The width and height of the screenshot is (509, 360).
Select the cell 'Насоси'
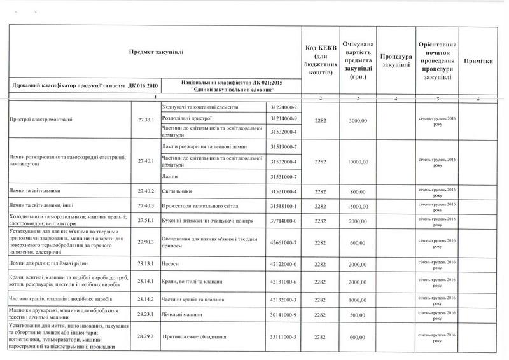pyautogui.click(x=172, y=263)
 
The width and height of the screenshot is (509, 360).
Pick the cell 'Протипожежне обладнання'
pyautogui.click(x=198, y=336)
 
